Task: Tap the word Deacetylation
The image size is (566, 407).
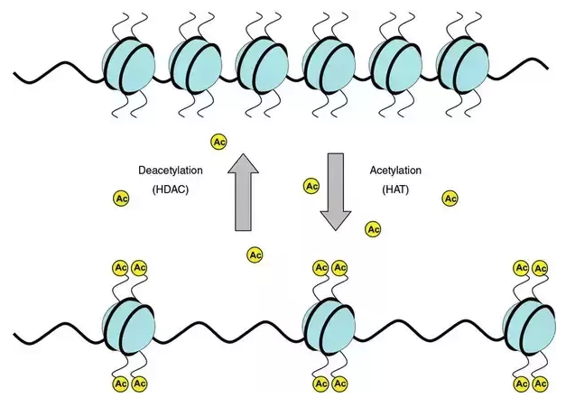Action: (x=170, y=170)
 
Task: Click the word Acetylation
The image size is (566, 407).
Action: (x=395, y=170)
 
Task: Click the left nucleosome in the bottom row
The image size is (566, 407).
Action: (x=126, y=326)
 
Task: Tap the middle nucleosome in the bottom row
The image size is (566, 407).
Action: (x=327, y=326)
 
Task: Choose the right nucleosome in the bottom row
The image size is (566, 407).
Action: (x=527, y=326)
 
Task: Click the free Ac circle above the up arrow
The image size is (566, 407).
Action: (x=218, y=142)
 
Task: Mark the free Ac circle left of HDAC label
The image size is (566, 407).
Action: (x=121, y=198)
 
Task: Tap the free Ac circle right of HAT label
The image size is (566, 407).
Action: (x=449, y=198)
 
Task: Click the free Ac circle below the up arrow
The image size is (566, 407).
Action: (x=255, y=255)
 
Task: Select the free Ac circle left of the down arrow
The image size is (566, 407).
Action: (x=311, y=187)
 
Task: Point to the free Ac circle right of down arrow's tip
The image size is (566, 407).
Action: (x=372, y=229)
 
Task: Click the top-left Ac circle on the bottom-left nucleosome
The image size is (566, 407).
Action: (x=119, y=267)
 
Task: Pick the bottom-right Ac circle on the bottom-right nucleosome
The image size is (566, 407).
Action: (x=540, y=384)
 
